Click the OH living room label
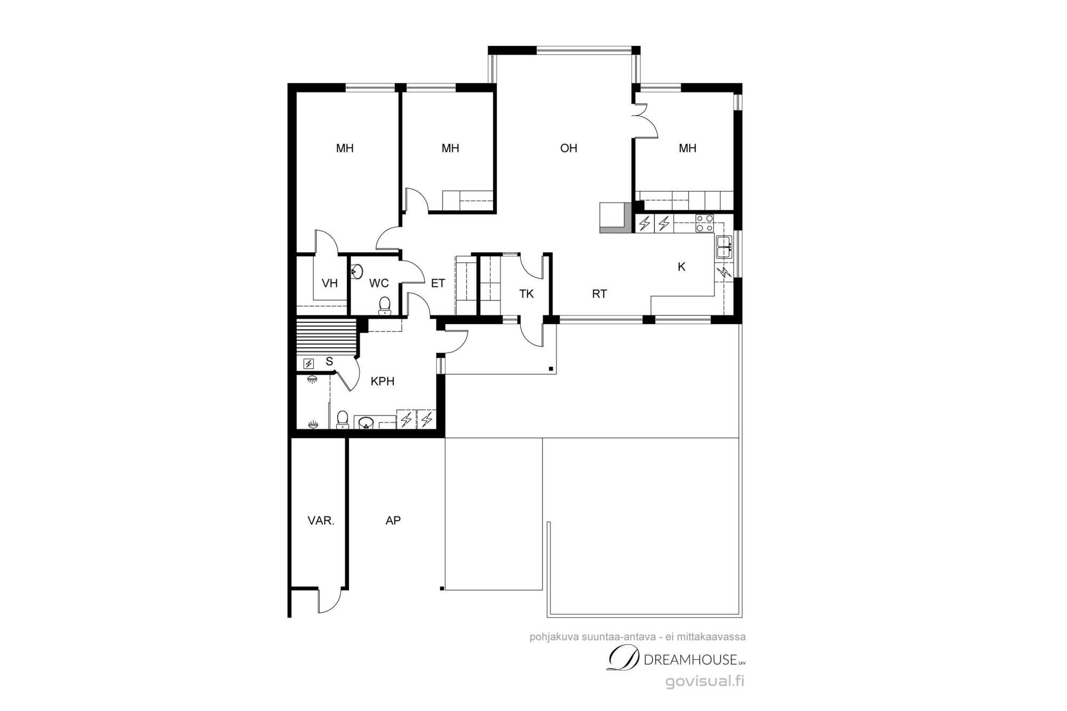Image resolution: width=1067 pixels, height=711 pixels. coord(569,148)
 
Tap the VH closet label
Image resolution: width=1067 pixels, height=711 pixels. coord(330,283)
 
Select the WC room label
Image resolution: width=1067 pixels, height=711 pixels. coord(379,283)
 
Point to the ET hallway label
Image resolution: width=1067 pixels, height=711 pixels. coord(438,283)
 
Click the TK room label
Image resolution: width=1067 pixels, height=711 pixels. coord(527,294)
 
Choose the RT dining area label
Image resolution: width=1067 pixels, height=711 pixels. coord(600,294)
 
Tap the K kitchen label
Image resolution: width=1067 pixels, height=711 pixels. coord(681,267)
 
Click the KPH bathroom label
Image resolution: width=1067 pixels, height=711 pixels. coord(383,381)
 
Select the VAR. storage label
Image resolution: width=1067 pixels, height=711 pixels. coord(321,521)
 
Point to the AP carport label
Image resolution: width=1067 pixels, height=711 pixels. coord(393,521)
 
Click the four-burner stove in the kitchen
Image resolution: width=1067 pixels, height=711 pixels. coord(704,223)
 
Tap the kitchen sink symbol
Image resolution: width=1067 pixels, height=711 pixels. coord(724,247)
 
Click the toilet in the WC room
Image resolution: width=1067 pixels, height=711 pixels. coord(385,306)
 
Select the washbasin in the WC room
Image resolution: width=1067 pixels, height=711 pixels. coord(357,272)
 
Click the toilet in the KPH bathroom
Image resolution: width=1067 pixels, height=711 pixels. coord(343,419)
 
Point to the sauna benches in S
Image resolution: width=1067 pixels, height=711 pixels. coord(326,337)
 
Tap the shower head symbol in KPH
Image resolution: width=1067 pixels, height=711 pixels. coord(312,379)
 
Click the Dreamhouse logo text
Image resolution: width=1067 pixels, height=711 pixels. coord(676,659)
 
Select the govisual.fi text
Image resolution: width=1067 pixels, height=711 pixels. coord(705,681)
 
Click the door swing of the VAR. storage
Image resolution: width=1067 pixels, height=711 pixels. coord(330,601)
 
